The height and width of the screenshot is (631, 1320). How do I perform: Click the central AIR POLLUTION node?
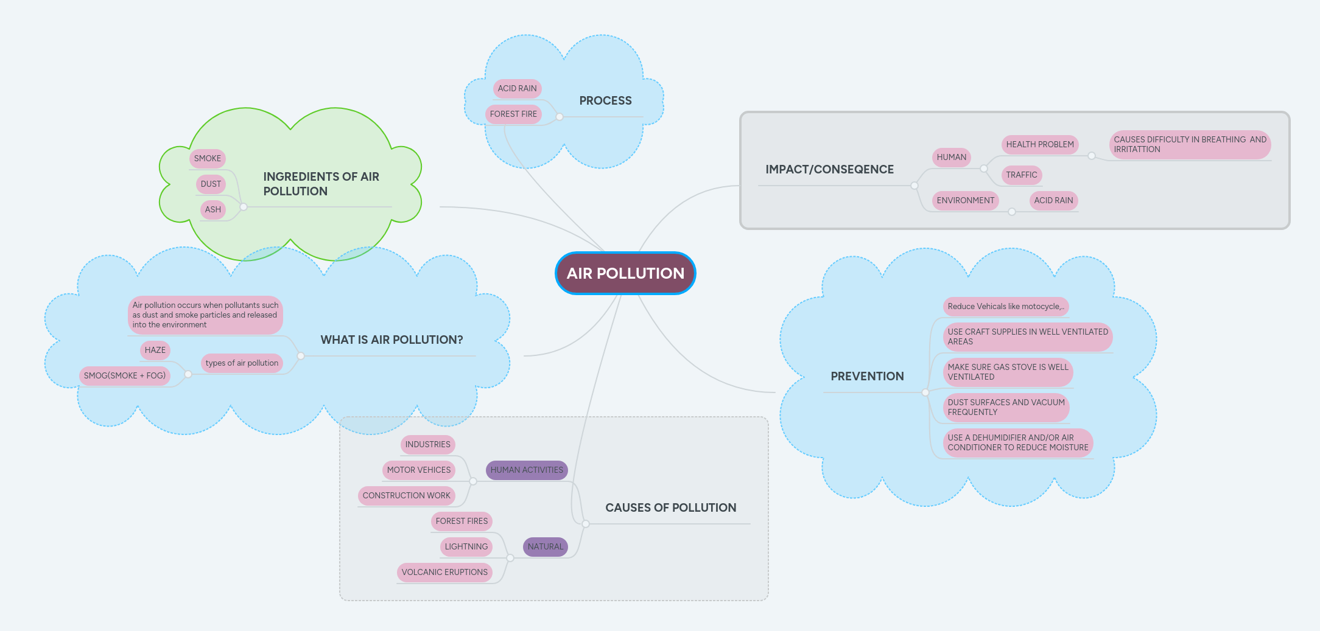625,273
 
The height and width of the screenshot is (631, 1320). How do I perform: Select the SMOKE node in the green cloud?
208,158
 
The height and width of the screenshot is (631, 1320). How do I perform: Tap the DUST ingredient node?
211,184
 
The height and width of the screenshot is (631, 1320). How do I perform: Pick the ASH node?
213,209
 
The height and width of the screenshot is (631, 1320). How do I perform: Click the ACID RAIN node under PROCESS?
517,88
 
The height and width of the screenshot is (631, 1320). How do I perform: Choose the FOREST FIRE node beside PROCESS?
513,114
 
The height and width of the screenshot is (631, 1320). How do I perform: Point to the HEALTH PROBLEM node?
1040,144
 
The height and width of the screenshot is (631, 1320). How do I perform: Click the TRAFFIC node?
1021,175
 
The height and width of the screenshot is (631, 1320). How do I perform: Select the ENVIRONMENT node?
965,200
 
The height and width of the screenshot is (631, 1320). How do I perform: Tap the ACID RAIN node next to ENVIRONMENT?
1053,200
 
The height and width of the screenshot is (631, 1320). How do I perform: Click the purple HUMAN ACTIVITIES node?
527,470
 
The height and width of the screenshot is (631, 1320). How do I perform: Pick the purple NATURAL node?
546,546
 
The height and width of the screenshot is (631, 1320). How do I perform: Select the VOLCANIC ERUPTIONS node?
444,572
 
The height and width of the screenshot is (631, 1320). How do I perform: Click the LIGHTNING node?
466,546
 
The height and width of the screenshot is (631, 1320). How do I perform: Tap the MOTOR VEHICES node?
419,470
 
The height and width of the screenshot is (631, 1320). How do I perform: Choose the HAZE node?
155,350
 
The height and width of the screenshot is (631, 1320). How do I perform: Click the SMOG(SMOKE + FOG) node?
124,375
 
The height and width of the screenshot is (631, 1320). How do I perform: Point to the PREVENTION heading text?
867,376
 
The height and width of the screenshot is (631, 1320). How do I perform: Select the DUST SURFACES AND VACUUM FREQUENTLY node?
1006,407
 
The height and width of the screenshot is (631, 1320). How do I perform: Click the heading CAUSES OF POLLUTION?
670,507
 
